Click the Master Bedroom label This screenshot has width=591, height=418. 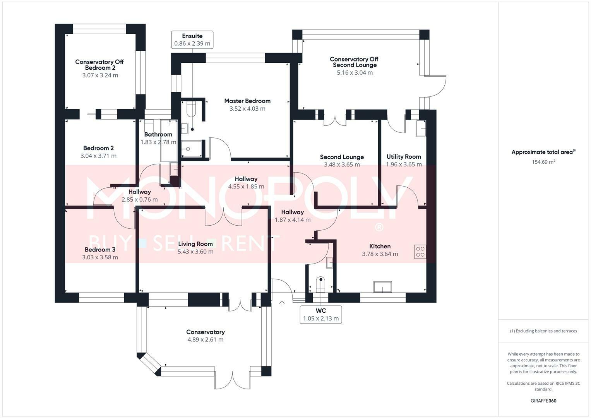point(247,101)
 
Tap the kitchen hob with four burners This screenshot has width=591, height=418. point(420,252)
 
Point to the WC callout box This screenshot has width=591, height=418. point(321,315)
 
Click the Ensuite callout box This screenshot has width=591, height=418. point(192,40)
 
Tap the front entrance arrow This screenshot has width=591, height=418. point(282,303)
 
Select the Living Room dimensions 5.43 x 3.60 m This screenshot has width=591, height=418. point(195,252)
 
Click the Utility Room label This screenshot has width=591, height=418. point(404,157)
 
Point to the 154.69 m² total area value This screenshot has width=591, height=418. point(543,162)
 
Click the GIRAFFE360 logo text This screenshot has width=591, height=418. point(543,401)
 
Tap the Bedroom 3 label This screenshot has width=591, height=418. point(100,250)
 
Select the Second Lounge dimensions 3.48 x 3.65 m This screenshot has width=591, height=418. point(342,164)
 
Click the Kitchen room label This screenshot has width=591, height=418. point(380,246)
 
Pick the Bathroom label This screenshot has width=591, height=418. point(158,135)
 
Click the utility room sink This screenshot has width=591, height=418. point(421,128)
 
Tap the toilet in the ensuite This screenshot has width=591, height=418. point(191,110)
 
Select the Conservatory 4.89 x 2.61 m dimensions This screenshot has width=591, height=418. point(206,340)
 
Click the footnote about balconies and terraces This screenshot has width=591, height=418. point(543,331)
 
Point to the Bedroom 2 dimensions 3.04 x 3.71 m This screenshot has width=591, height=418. point(98,156)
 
